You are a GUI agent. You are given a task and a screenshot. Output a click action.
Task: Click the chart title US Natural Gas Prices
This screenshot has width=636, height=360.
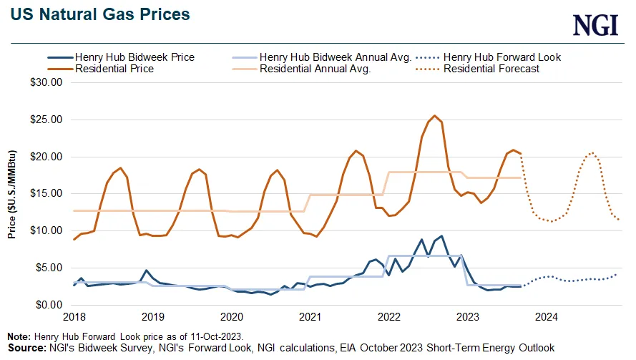point(100,14)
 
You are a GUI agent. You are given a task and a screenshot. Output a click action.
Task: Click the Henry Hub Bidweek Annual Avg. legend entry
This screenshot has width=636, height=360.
point(335,57)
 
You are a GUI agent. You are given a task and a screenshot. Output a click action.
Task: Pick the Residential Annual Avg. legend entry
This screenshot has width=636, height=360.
point(315,69)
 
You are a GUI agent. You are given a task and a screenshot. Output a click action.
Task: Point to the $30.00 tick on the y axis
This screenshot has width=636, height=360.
point(48,82)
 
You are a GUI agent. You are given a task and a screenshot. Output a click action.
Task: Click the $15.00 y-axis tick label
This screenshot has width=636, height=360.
point(48,193)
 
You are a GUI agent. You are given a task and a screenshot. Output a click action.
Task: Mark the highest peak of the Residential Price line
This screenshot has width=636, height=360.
point(434,116)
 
